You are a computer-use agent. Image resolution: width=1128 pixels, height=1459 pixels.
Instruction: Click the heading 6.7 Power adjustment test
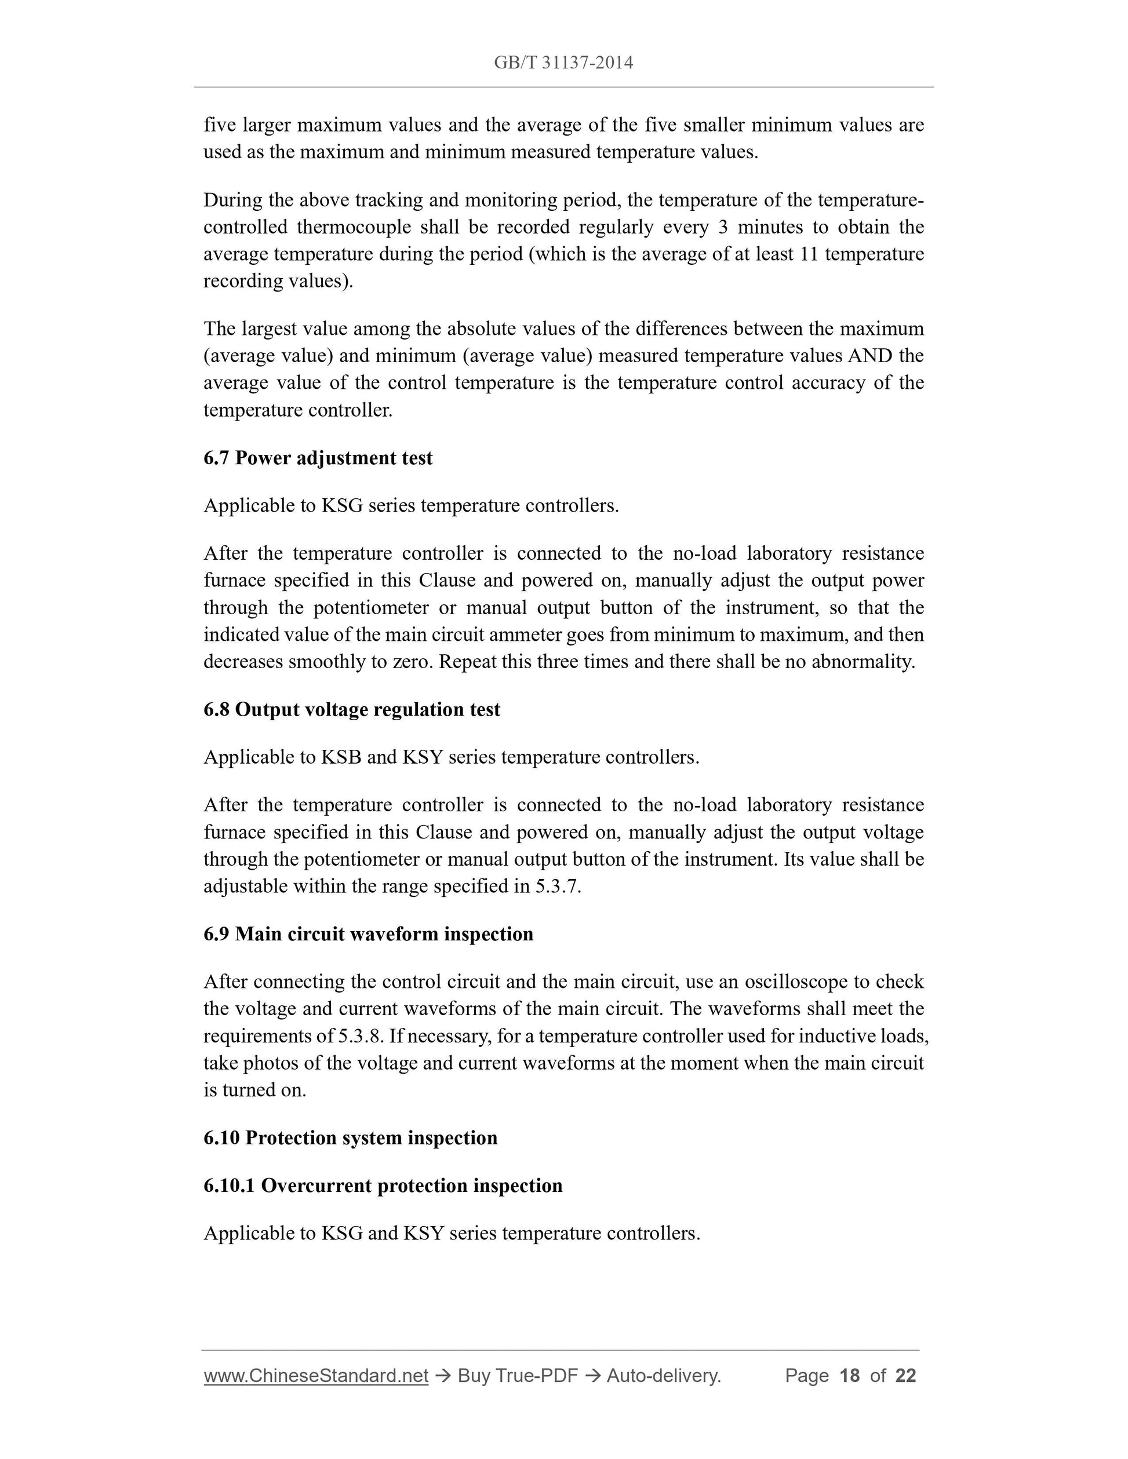tap(318, 458)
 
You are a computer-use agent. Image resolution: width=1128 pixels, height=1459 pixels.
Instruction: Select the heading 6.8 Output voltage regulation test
tap(351, 709)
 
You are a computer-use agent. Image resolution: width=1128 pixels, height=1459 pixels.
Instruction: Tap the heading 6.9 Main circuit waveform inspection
tap(368, 933)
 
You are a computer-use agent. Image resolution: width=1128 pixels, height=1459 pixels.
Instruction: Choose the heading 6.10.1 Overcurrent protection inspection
tap(383, 1185)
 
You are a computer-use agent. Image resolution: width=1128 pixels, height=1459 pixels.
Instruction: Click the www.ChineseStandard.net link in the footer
tap(315, 1376)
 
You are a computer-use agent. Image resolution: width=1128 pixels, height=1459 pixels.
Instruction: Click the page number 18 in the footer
tap(849, 1376)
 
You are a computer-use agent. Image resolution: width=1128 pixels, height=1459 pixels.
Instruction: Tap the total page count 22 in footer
tap(905, 1376)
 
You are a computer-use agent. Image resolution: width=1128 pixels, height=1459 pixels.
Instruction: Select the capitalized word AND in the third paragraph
tap(869, 355)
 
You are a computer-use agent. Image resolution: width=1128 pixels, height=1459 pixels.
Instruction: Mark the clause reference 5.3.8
tap(361, 1036)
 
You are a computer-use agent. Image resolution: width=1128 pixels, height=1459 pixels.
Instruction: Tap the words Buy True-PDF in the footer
tap(517, 1376)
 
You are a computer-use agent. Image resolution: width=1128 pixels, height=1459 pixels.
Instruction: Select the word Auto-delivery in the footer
tap(663, 1376)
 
